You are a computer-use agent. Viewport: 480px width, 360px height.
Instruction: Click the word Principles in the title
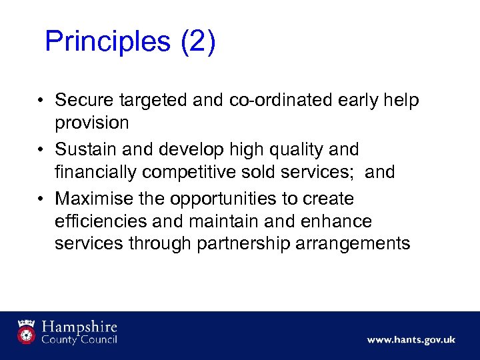click(x=107, y=41)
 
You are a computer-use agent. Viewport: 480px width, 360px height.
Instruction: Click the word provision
click(x=92, y=123)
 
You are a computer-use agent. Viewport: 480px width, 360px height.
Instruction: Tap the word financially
click(x=99, y=172)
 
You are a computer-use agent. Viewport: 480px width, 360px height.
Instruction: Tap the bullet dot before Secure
click(x=41, y=101)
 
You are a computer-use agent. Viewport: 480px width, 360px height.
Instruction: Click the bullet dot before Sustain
click(x=41, y=150)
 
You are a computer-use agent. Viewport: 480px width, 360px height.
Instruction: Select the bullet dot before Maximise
click(x=41, y=199)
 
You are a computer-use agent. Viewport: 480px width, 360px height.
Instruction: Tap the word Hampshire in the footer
click(x=80, y=327)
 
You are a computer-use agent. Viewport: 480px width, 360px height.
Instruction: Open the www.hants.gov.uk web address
click(x=411, y=340)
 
